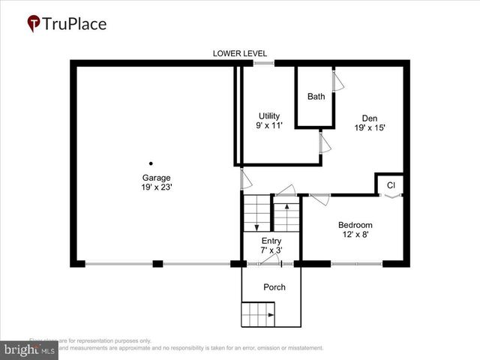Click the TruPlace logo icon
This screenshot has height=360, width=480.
point(34,24)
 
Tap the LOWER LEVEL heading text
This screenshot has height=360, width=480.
point(240,53)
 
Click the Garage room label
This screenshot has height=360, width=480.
point(151,178)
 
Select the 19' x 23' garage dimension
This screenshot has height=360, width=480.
point(151,187)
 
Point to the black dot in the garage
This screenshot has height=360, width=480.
point(151,163)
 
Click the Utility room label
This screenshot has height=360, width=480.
point(269,115)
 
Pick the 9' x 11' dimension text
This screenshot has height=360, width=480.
point(269,125)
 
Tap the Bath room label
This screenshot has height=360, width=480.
point(316,97)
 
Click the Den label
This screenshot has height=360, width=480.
point(370,118)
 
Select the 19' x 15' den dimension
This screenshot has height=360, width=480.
point(370,127)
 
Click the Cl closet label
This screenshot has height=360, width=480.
point(391,184)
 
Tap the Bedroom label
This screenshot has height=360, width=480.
point(355,225)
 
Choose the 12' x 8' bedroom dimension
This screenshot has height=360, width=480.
point(355,235)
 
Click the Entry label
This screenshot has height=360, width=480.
point(271,241)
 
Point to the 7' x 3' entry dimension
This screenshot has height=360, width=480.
point(271,250)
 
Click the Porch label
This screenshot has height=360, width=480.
point(274,287)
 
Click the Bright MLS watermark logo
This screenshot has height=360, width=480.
point(30,349)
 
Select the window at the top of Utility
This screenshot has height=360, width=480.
point(263,63)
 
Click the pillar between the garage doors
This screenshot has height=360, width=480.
point(157,263)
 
